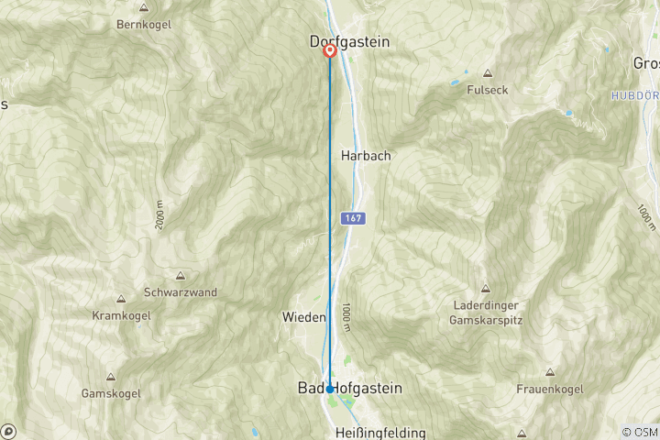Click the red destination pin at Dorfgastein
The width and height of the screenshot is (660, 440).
coord(330,51)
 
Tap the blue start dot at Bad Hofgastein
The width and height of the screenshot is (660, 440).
coord(330,390)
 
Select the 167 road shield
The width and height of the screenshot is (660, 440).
coord(354,219)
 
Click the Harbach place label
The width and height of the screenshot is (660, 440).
coord(366,156)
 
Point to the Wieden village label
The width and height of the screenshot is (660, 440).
coord(303,317)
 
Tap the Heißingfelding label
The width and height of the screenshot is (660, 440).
coord(381,433)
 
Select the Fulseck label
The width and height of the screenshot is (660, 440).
coord(487,90)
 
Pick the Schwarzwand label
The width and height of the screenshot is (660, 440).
coord(181,292)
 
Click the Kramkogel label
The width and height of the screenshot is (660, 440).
coord(121,315)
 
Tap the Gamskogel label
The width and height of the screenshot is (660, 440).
coord(110,393)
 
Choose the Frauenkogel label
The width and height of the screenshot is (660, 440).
coord(550,389)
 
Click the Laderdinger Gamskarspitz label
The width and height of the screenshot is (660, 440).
coord(486,313)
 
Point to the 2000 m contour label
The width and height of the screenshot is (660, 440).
coord(160,214)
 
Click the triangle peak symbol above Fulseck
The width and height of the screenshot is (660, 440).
coord(487,73)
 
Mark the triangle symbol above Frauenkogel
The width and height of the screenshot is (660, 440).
coord(550,372)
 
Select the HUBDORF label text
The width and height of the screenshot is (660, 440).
coord(637,95)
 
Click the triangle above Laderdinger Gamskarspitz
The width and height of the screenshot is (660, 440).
coord(486,288)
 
